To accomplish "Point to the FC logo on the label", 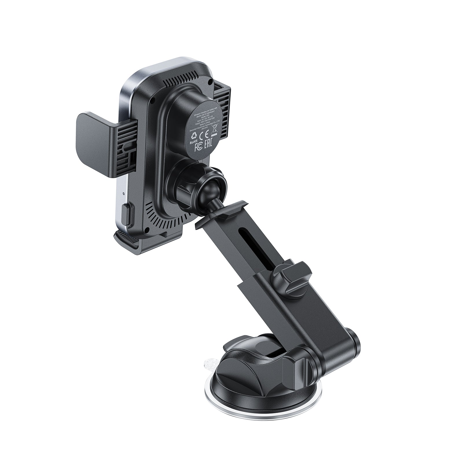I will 198,147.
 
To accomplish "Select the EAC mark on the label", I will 208,144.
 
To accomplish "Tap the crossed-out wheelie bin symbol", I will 214,129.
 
